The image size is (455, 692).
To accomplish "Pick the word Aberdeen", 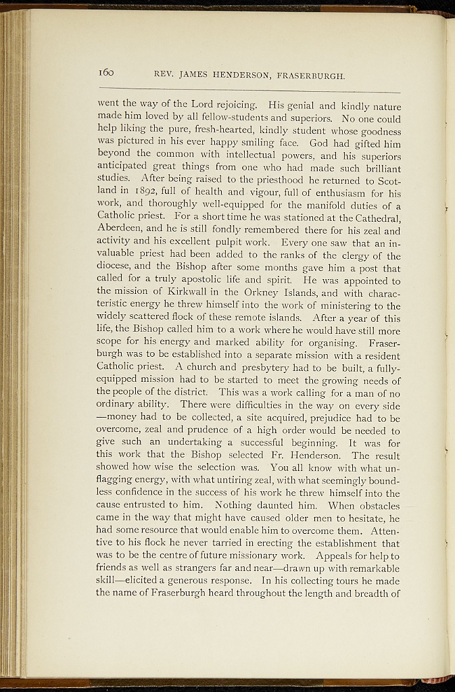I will click(124, 229).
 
